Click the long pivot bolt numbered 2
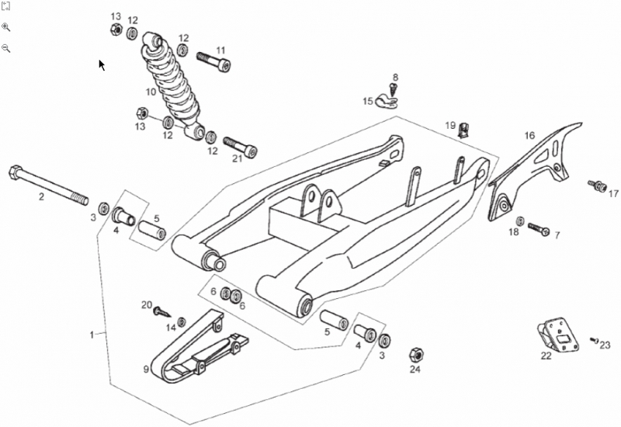(x=48, y=186)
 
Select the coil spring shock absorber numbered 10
(x=172, y=86)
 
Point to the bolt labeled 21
(x=240, y=147)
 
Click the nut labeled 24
(x=417, y=354)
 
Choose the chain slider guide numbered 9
(x=198, y=347)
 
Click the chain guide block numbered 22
(x=558, y=335)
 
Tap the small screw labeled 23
(x=594, y=340)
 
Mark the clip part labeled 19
(x=463, y=130)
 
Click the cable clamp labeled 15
(x=385, y=102)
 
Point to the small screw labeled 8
(x=394, y=89)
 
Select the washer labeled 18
(x=520, y=221)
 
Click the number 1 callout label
(x=92, y=335)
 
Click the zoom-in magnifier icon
(x=6, y=27)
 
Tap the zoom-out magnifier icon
(x=6, y=48)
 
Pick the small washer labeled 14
(x=182, y=321)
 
